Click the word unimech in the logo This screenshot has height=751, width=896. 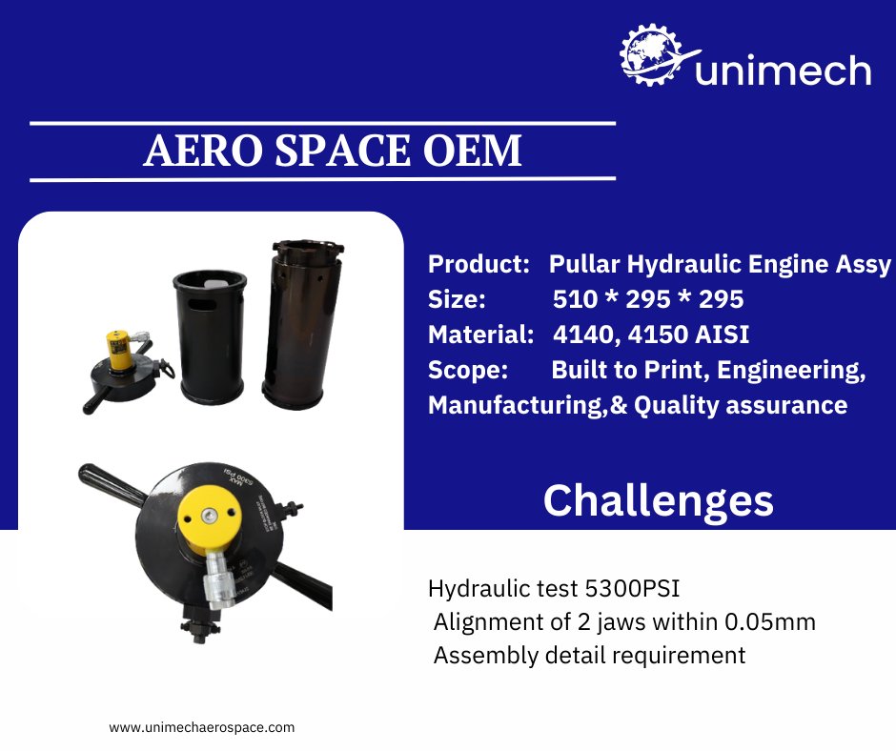click(783, 71)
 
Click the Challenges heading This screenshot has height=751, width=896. click(658, 500)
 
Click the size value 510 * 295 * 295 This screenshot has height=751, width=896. click(647, 299)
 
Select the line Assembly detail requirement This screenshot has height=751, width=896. click(589, 656)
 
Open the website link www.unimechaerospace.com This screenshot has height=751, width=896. click(202, 726)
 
